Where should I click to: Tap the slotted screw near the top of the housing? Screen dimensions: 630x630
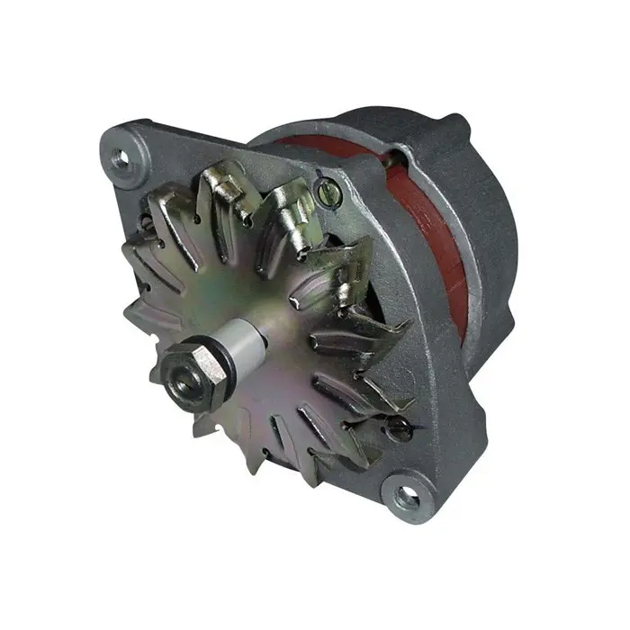(x=327, y=190)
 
